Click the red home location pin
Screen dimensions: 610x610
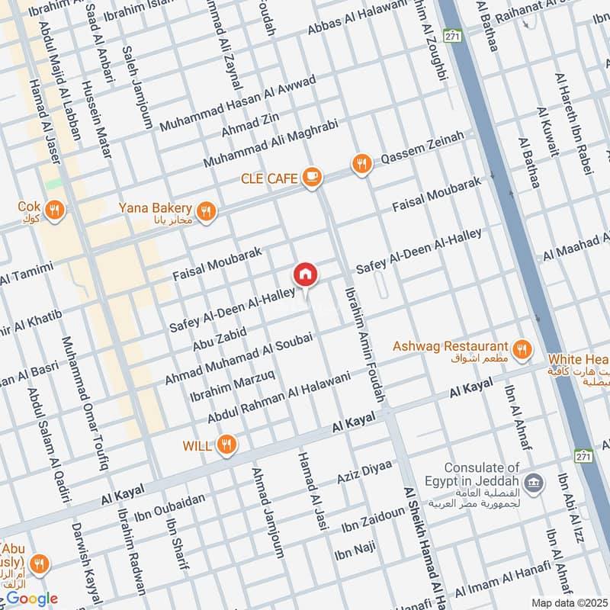click(305, 274)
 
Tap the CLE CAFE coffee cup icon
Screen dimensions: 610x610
click(310, 178)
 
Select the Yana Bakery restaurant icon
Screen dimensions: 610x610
click(204, 210)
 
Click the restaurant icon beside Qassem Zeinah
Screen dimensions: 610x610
click(361, 163)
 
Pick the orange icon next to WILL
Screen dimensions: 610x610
click(226, 445)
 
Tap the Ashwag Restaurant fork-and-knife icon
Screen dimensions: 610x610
click(522, 348)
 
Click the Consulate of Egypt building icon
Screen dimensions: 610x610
click(535, 481)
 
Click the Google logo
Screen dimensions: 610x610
click(31, 599)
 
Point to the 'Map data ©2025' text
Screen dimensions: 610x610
click(567, 602)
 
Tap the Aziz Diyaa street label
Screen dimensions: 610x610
click(364, 473)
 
